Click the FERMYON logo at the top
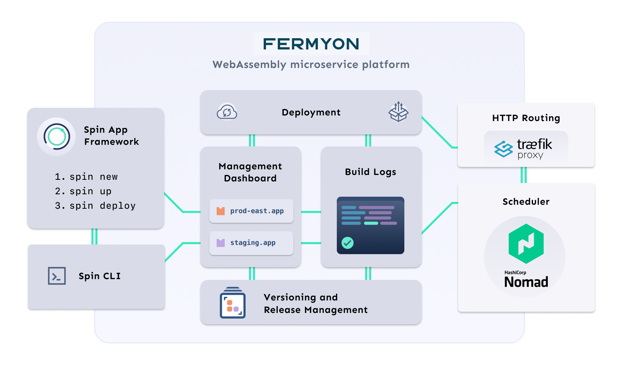click(x=311, y=44)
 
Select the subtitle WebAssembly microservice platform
click(x=311, y=65)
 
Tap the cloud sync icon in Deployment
click(x=227, y=112)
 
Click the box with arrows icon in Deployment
click(x=398, y=112)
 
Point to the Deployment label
click(x=311, y=113)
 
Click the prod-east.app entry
click(x=251, y=211)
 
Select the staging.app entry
click(x=251, y=243)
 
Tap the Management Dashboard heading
click(x=250, y=172)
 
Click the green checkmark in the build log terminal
click(x=347, y=243)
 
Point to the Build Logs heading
click(x=371, y=172)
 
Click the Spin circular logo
click(x=56, y=137)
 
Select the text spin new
click(x=93, y=177)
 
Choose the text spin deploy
click(x=102, y=206)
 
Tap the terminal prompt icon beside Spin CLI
click(x=57, y=276)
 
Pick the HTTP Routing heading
click(x=526, y=118)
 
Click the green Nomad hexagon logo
click(x=526, y=244)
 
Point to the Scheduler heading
click(x=526, y=202)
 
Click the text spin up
click(x=90, y=191)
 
